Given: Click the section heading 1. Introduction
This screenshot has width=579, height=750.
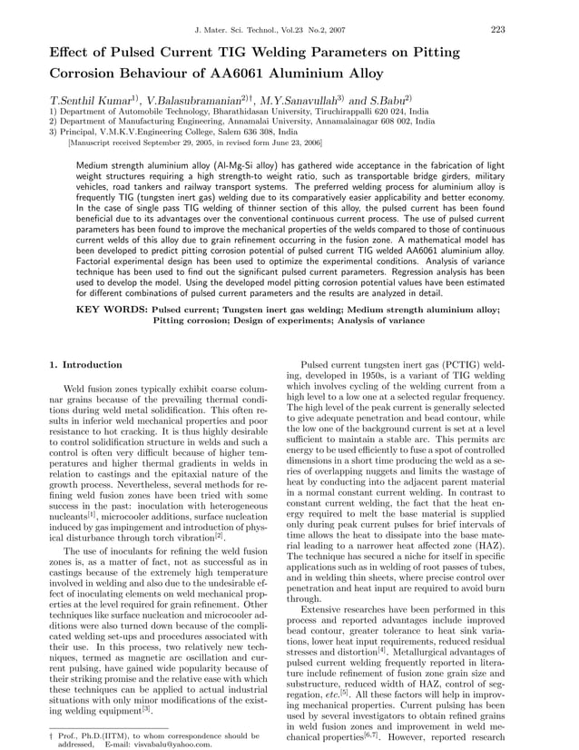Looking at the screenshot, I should pyautogui.click(x=85, y=364).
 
